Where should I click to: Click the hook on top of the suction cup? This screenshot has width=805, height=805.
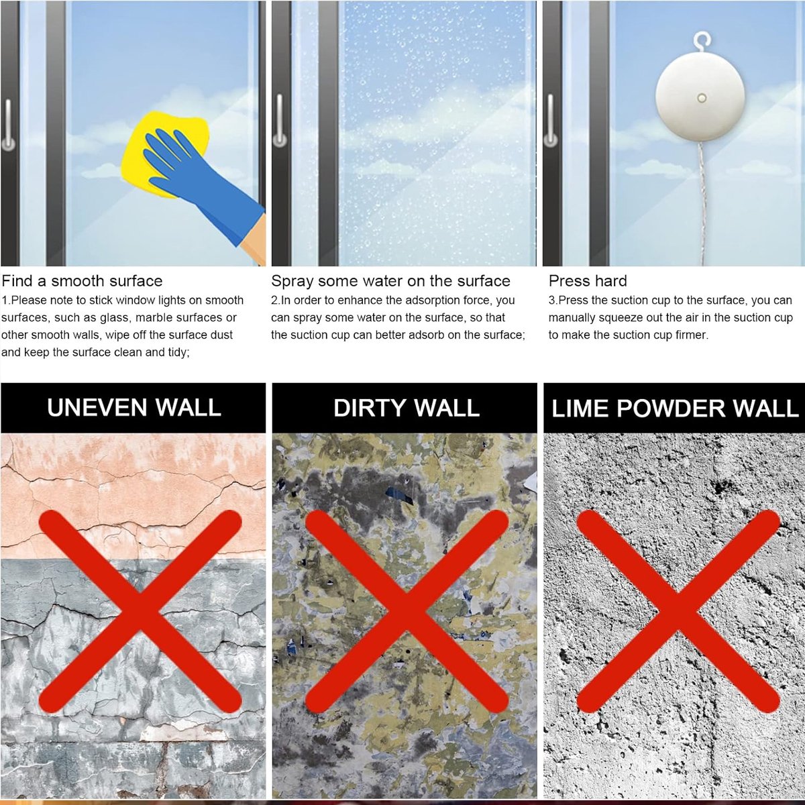(x=702, y=42)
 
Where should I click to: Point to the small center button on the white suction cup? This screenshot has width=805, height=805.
(x=702, y=99)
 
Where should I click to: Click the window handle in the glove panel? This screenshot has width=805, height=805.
(x=8, y=125)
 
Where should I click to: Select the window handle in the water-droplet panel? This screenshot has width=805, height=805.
(x=280, y=121)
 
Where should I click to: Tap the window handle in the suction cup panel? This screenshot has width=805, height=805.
(x=551, y=121)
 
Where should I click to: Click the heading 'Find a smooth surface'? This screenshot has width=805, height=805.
(x=82, y=281)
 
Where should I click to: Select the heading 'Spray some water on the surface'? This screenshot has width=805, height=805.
(x=390, y=281)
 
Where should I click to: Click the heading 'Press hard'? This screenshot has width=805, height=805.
(x=588, y=281)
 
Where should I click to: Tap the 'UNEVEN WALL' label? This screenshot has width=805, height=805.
(x=133, y=408)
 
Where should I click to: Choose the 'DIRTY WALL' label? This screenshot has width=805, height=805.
(x=406, y=408)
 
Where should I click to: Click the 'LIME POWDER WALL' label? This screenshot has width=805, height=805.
(x=675, y=408)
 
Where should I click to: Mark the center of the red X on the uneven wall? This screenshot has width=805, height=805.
(x=140, y=611)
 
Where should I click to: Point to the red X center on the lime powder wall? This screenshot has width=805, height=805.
(x=678, y=611)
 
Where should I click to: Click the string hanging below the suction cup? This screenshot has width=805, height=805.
(x=702, y=209)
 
